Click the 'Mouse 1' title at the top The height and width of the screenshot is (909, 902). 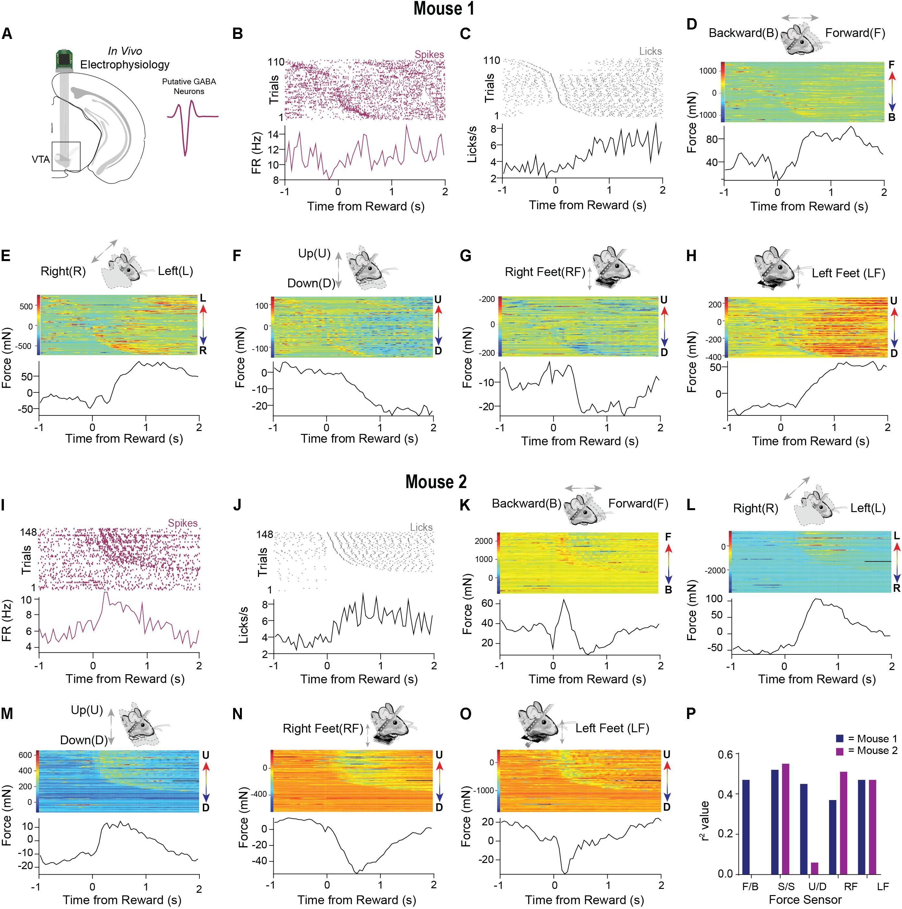pos(444,9)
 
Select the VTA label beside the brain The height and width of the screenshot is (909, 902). pos(41,160)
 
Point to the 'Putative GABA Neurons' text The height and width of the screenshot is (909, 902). pos(189,86)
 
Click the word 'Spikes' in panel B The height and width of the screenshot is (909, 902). pos(429,54)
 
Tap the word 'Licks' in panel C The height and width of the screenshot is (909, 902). pos(650,51)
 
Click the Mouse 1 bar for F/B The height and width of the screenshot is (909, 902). pos(746,827)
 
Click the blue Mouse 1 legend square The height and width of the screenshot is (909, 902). pos(840,739)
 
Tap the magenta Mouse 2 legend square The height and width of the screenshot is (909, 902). pos(840,750)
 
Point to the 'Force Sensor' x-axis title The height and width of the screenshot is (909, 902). pos(805,900)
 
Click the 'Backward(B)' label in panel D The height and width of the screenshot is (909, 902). pos(743,33)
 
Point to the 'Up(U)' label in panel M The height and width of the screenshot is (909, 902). pos(87,710)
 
